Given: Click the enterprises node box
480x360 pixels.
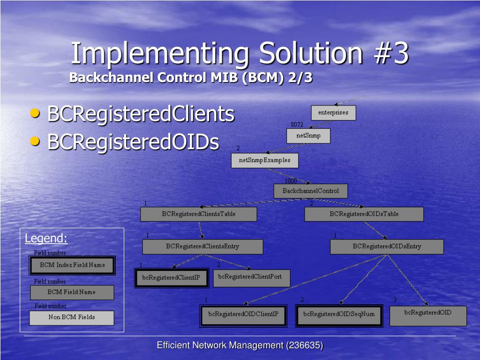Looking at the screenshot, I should (333, 112).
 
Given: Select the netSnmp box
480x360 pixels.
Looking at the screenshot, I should (308, 136).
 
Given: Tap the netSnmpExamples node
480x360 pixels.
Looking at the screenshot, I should (265, 160).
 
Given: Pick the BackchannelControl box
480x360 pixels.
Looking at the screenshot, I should (311, 191).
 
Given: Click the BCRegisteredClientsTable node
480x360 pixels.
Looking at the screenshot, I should (199, 214).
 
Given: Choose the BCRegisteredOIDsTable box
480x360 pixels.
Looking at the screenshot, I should (364, 214).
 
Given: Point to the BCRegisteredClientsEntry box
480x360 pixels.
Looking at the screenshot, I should (202, 247).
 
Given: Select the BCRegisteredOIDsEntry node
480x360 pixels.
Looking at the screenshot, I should (387, 247).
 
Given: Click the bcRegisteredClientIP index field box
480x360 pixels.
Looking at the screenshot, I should (172, 277).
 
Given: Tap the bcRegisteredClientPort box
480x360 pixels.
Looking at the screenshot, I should (252, 277).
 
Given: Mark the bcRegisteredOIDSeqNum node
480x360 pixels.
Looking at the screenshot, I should (339, 315).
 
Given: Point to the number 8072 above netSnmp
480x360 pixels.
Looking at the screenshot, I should (297, 125).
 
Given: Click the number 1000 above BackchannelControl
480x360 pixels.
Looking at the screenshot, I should (291, 181).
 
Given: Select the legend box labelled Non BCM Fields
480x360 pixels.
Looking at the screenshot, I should (72, 317).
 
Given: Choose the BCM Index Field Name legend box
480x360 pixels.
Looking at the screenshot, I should (72, 265).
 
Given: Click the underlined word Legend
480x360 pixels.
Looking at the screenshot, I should (46, 238).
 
